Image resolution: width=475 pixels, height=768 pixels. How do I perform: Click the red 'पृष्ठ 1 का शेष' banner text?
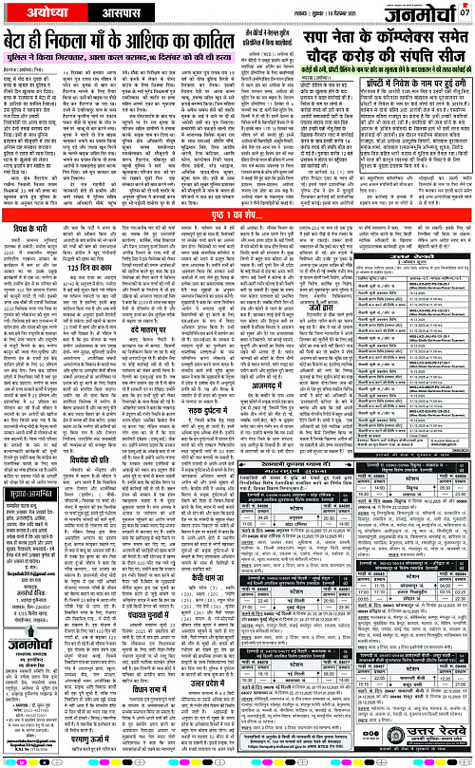tap(237, 241)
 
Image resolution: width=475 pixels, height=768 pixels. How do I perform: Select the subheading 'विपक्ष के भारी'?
tap(42, 257)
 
